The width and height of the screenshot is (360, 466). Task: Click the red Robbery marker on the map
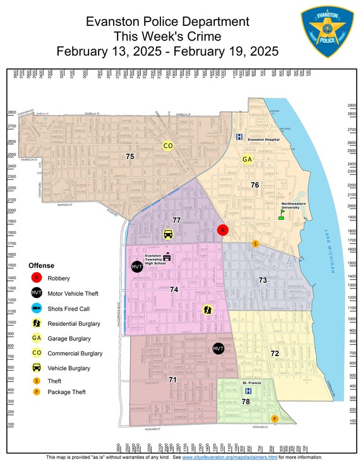coord(222,230)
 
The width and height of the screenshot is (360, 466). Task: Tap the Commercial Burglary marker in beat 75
coord(168,146)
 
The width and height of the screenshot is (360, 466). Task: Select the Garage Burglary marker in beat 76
coord(247,160)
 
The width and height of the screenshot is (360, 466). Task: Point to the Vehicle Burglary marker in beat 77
coord(168,234)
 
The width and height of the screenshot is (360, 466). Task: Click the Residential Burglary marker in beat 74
coord(207,309)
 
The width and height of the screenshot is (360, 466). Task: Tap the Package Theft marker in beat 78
coord(274,419)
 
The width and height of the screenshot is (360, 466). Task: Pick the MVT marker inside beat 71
coord(219,349)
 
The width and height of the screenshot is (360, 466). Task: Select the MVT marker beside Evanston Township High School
coord(137,267)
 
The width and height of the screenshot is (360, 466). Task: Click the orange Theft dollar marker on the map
coord(255,243)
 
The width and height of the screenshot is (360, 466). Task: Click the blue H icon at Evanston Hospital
coord(239,136)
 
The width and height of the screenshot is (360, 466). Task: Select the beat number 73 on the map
coord(263,280)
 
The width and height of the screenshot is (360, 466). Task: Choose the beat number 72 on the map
coord(275,353)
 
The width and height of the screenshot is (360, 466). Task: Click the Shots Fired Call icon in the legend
coord(37,308)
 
